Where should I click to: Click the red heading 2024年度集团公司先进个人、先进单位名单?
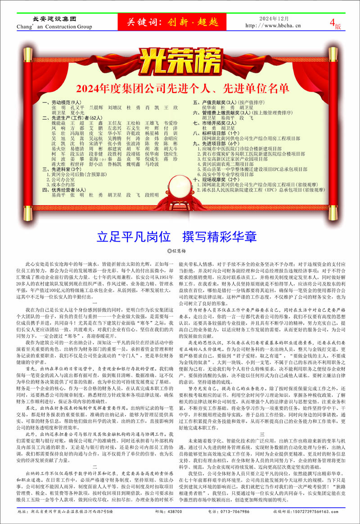[x=179, y=86]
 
